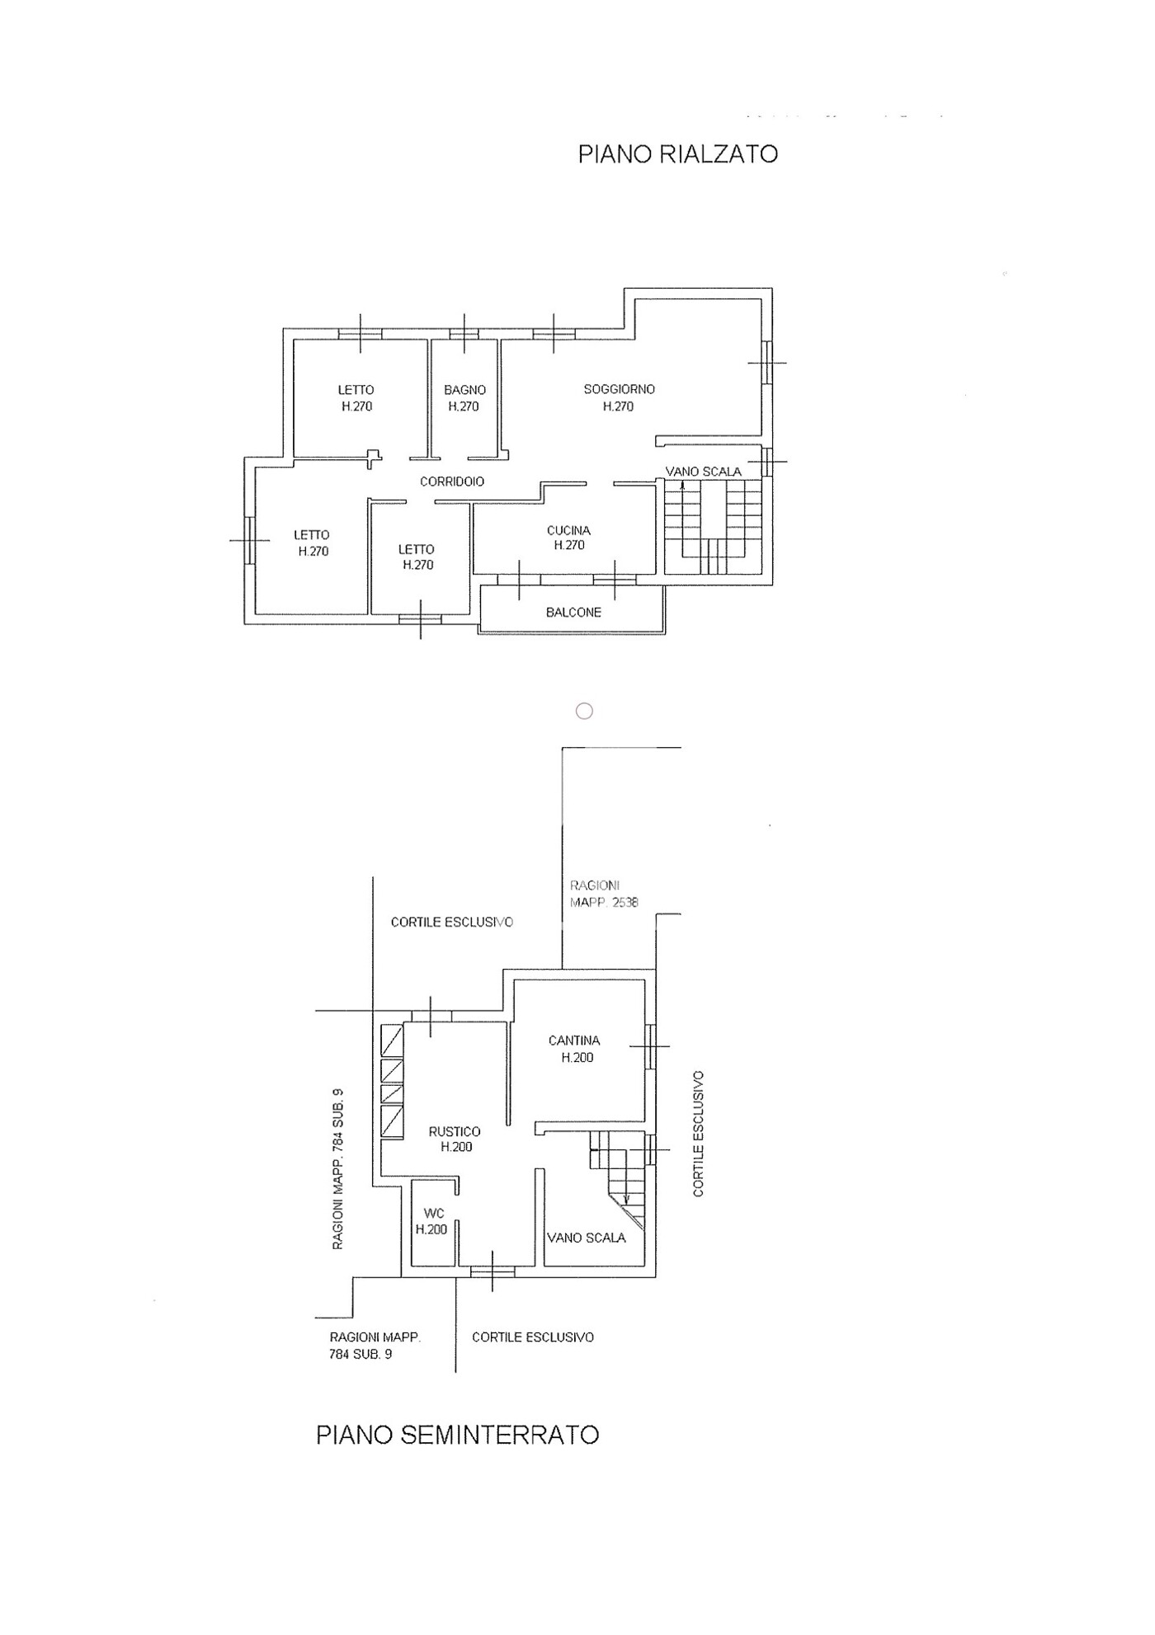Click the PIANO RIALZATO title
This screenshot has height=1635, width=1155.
pyautogui.click(x=677, y=154)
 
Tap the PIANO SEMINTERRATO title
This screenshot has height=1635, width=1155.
pyautogui.click(x=457, y=1435)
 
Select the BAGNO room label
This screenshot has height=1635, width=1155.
pyautogui.click(x=464, y=390)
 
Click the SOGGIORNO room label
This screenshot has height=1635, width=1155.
pyautogui.click(x=619, y=389)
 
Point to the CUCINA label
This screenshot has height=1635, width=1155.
pyautogui.click(x=568, y=530)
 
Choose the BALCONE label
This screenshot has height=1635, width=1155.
pyautogui.click(x=573, y=612)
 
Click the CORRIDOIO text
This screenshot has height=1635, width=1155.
pyautogui.click(x=452, y=482)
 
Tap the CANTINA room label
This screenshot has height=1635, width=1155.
pyautogui.click(x=574, y=1041)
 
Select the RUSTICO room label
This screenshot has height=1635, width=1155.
pyautogui.click(x=455, y=1132)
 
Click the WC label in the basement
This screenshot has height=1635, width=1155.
pyautogui.click(x=434, y=1214)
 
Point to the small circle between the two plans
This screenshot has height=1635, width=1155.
pyautogui.click(x=584, y=711)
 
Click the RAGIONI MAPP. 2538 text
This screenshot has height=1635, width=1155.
pyautogui.click(x=604, y=894)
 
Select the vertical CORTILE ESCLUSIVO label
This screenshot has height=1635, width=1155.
pyautogui.click(x=699, y=1133)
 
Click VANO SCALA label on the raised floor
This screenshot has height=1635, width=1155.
pyautogui.click(x=704, y=472)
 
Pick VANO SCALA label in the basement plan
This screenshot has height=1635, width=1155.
pyautogui.click(x=587, y=1238)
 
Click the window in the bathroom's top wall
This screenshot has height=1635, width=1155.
pyautogui.click(x=464, y=334)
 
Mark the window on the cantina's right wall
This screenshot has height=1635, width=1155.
pyautogui.click(x=650, y=1045)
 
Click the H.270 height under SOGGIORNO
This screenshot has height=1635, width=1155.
pyautogui.click(x=618, y=406)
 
